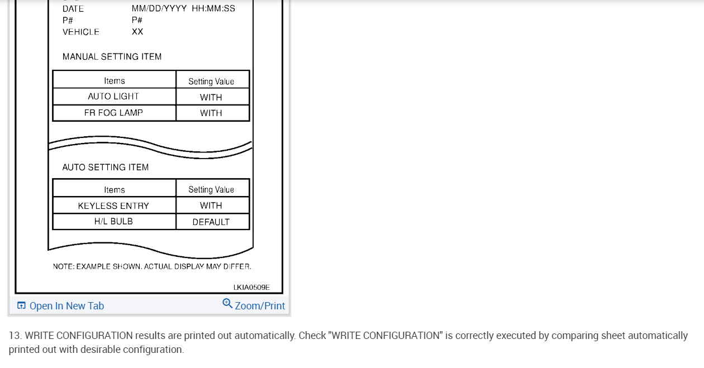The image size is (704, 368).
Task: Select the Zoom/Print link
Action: pyautogui.click(x=260, y=305)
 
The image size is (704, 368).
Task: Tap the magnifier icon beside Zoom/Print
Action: pyautogui.click(x=227, y=303)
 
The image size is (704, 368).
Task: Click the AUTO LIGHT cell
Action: pyautogui.click(x=113, y=97)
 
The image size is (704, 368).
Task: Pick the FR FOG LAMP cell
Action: pyautogui.click(x=113, y=113)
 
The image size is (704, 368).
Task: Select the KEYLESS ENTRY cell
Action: pyautogui.click(x=113, y=205)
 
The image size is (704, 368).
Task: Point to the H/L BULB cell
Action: pyautogui.click(x=113, y=221)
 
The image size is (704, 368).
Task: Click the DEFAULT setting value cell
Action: pyautogui.click(x=211, y=222)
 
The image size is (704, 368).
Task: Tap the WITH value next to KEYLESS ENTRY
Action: pyautogui.click(x=211, y=205)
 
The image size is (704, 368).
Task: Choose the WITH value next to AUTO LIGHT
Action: pyautogui.click(x=211, y=97)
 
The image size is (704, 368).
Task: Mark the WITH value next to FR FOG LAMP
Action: pyautogui.click(x=211, y=113)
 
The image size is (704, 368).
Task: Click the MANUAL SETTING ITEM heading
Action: pyautogui.click(x=112, y=56)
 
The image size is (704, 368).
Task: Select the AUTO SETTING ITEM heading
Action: pyautogui.click(x=105, y=167)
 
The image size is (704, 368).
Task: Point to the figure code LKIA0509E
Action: pyautogui.click(x=251, y=287)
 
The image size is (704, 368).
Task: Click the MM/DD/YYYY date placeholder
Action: pyautogui.click(x=159, y=8)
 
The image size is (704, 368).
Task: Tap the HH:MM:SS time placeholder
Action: pyautogui.click(x=213, y=8)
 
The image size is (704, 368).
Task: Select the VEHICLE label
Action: pyautogui.click(x=81, y=32)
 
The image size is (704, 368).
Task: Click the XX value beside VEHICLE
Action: pyautogui.click(x=137, y=32)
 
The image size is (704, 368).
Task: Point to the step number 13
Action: pyautogui.click(x=15, y=336)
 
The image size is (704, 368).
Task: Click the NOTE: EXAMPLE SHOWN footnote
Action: pyautogui.click(x=152, y=266)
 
